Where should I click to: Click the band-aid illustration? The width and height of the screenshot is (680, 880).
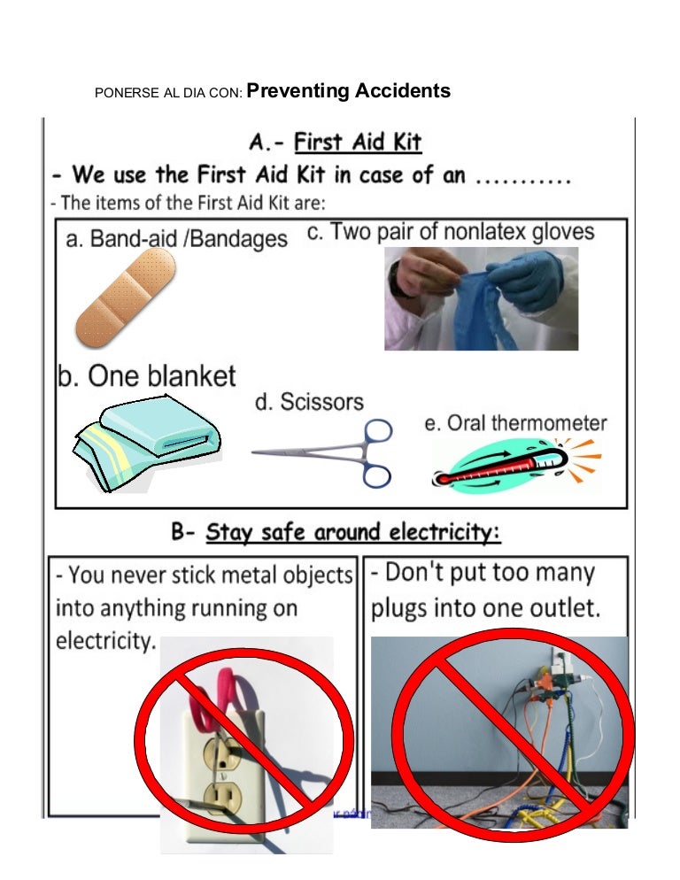click(x=125, y=297)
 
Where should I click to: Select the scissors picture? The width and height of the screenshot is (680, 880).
click(x=326, y=452)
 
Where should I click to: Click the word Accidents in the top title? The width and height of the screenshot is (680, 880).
click(x=403, y=91)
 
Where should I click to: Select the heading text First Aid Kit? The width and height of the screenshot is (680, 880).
click(x=358, y=142)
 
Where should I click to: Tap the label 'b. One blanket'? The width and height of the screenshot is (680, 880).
click(x=147, y=375)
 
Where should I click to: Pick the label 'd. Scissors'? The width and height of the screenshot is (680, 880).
click(x=309, y=402)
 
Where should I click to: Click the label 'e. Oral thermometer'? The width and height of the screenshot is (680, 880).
click(x=515, y=423)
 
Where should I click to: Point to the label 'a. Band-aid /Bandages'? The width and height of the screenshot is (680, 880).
click(x=177, y=239)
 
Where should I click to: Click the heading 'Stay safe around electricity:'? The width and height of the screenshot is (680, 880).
click(x=353, y=533)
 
